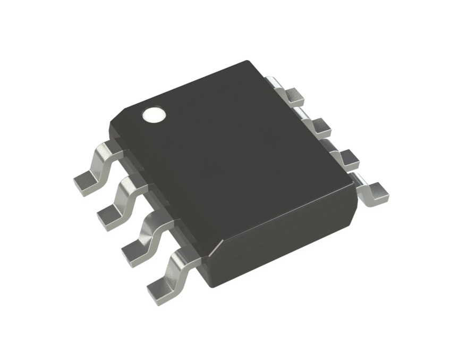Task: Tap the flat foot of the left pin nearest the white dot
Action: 85,183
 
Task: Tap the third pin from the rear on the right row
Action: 346,157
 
